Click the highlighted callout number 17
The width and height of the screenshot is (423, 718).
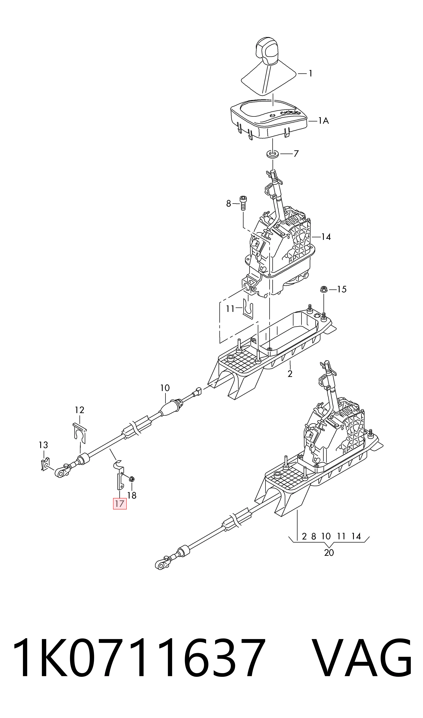pyautogui.click(x=120, y=504)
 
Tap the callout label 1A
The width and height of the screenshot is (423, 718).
pyautogui.click(x=323, y=121)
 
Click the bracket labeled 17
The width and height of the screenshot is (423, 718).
pyautogui.click(x=119, y=477)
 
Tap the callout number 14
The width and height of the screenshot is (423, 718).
pyautogui.click(x=326, y=237)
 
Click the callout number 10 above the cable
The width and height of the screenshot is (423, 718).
pyautogui.click(x=165, y=388)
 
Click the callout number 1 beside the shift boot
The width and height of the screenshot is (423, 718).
pyautogui.click(x=310, y=74)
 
